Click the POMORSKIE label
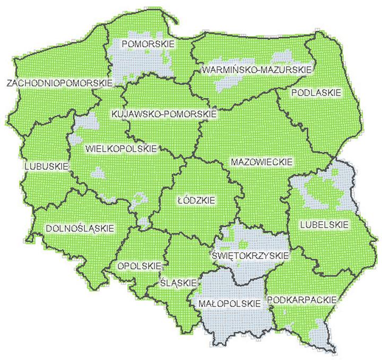click(x=147, y=44)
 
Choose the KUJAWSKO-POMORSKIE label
click(x=163, y=114)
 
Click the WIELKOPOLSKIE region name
click(x=121, y=149)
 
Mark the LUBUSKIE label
click(x=47, y=166)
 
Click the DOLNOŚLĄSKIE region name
click(x=80, y=228)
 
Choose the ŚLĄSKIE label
click(x=178, y=282)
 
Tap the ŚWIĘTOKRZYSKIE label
click(x=250, y=255)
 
